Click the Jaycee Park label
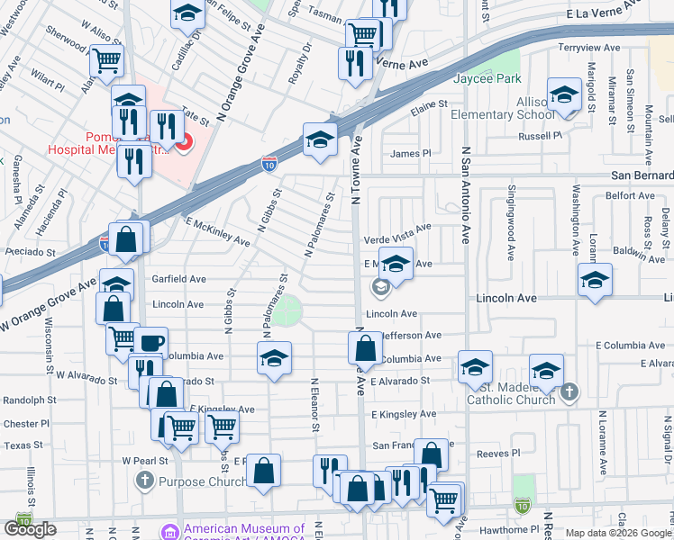coord(487,79)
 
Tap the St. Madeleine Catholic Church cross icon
coord(568,392)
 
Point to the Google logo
coord(30,528)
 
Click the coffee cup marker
coord(152,342)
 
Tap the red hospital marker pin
coord(184,142)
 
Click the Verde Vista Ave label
coord(397,240)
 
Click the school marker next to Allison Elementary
coord(564,94)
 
